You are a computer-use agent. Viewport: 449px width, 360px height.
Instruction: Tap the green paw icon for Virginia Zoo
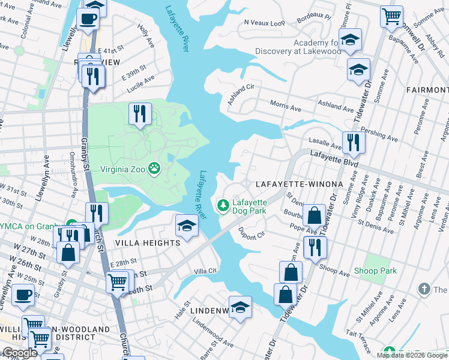154,169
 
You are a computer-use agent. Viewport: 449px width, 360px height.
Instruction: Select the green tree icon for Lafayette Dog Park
223,206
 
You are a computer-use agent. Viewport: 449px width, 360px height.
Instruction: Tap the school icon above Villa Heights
187,226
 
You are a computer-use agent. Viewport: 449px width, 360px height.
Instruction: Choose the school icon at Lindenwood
240,307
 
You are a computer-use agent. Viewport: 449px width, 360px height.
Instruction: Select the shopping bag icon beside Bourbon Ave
314,214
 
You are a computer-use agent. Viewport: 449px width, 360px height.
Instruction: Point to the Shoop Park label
375,271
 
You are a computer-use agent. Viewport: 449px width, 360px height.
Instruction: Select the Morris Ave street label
286,106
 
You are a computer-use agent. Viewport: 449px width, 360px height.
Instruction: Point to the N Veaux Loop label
264,23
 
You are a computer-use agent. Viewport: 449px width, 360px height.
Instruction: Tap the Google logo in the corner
19,353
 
